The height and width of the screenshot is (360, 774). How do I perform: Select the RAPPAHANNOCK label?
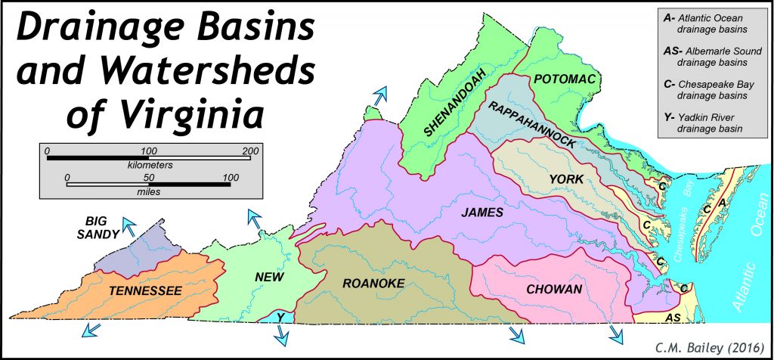coord(533,124)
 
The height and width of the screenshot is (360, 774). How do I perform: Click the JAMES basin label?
coord(482,213)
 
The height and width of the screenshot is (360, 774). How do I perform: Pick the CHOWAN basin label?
coord(554,290)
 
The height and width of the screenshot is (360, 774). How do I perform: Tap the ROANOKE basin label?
coord(374,284)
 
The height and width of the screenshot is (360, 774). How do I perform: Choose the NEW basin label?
coord(269,278)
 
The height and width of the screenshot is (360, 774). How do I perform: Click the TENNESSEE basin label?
coord(146,290)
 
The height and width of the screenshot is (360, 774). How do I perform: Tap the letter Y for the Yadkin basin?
coord(280,317)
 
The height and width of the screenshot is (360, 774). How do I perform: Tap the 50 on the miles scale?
coord(149,178)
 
